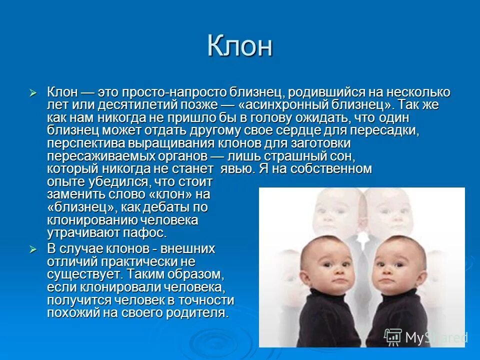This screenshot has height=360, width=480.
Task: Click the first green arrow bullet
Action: tap(33, 93)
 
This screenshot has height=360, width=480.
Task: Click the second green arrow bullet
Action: tap(33, 249)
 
